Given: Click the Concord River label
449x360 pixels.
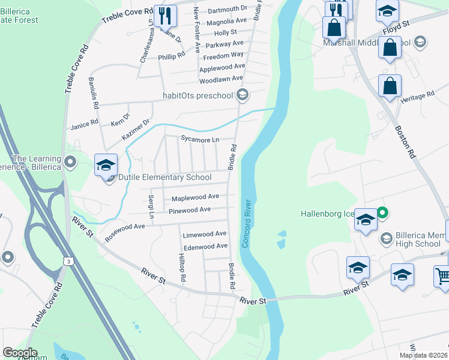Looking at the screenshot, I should pyautogui.click(x=246, y=225).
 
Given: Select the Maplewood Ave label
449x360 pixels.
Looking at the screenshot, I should pyautogui.click(x=195, y=197).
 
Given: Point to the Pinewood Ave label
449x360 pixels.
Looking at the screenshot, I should pyautogui.click(x=189, y=209).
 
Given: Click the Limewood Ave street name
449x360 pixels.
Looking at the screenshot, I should pyautogui.click(x=204, y=233).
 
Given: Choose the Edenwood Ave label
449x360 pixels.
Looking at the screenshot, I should pyautogui.click(x=205, y=246).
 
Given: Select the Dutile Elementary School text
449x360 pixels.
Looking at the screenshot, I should pyautogui.click(x=164, y=177).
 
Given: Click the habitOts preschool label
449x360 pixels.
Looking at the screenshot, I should pyautogui.click(x=197, y=95).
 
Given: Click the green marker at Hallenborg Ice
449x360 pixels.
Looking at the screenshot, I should pyautogui.click(x=382, y=212).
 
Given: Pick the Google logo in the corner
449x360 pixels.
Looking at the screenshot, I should pyautogui.click(x=20, y=353).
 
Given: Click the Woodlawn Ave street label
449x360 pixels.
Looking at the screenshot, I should pyautogui.click(x=220, y=79).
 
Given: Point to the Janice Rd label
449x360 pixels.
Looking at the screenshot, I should pyautogui.click(x=84, y=124).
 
